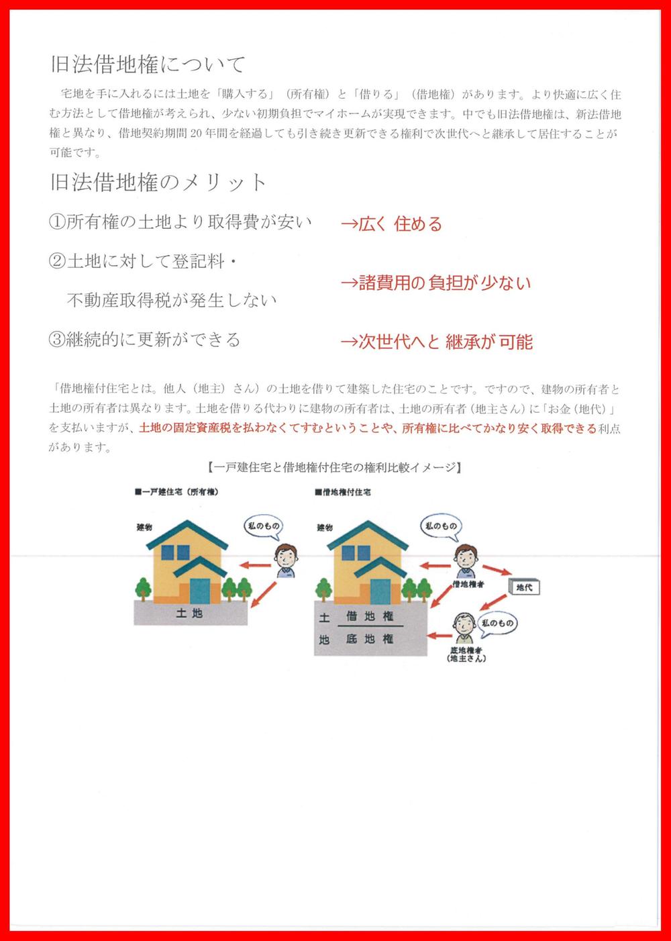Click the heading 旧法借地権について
(x=148, y=64)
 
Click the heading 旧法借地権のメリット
(x=159, y=183)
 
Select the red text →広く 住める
(x=391, y=224)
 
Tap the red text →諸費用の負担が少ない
(x=435, y=283)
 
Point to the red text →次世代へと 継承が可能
(x=436, y=342)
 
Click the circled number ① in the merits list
(x=57, y=223)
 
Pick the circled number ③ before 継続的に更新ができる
(x=57, y=340)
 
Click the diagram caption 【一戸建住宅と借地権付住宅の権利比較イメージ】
(x=334, y=467)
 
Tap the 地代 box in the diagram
(x=524, y=588)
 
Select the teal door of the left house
(x=200, y=589)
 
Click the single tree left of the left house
(x=144, y=589)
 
